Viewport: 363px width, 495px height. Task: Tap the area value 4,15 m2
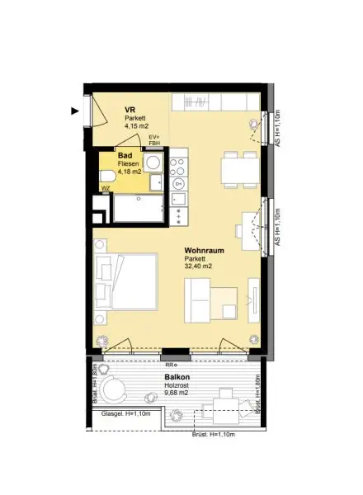click(136, 126)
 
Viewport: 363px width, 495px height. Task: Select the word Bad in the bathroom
click(125, 155)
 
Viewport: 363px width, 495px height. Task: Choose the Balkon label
click(178, 376)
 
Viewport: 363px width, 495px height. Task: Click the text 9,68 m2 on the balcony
click(178, 393)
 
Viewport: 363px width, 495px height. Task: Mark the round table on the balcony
click(117, 390)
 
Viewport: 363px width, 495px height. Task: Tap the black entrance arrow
click(75, 109)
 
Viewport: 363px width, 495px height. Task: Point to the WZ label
click(105, 188)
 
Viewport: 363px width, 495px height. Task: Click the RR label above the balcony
click(171, 364)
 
